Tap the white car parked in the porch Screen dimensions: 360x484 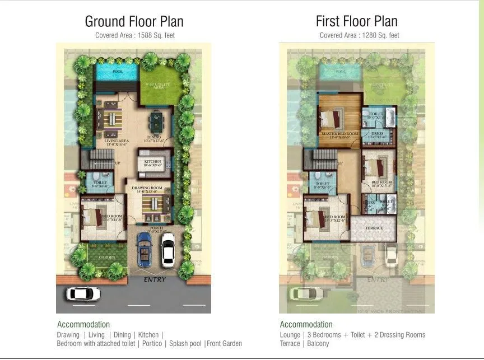167,250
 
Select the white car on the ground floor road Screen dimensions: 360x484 83,294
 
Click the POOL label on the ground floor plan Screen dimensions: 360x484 118,72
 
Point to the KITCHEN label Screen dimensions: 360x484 152,162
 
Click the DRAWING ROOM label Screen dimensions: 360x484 147,188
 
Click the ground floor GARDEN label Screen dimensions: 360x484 108,257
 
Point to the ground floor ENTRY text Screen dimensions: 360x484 155,279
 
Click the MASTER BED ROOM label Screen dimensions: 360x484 339,134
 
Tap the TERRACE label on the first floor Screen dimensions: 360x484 374,228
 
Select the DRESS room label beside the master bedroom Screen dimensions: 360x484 377,133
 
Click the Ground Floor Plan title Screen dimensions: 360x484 134,21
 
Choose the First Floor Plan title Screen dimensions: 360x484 357,21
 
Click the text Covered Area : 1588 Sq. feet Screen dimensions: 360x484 134,35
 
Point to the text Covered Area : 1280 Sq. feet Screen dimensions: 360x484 360,35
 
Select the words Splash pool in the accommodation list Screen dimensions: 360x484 186,343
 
